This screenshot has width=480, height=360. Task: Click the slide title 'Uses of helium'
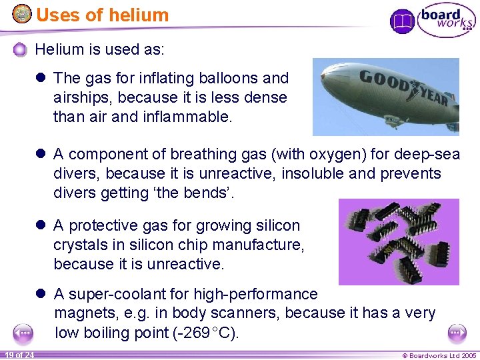click(102, 15)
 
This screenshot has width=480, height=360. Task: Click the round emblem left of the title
click(21, 15)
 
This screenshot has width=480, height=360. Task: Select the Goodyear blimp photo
click(386, 97)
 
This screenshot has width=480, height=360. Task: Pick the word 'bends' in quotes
click(200, 193)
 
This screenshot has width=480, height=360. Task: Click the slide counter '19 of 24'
click(20, 355)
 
